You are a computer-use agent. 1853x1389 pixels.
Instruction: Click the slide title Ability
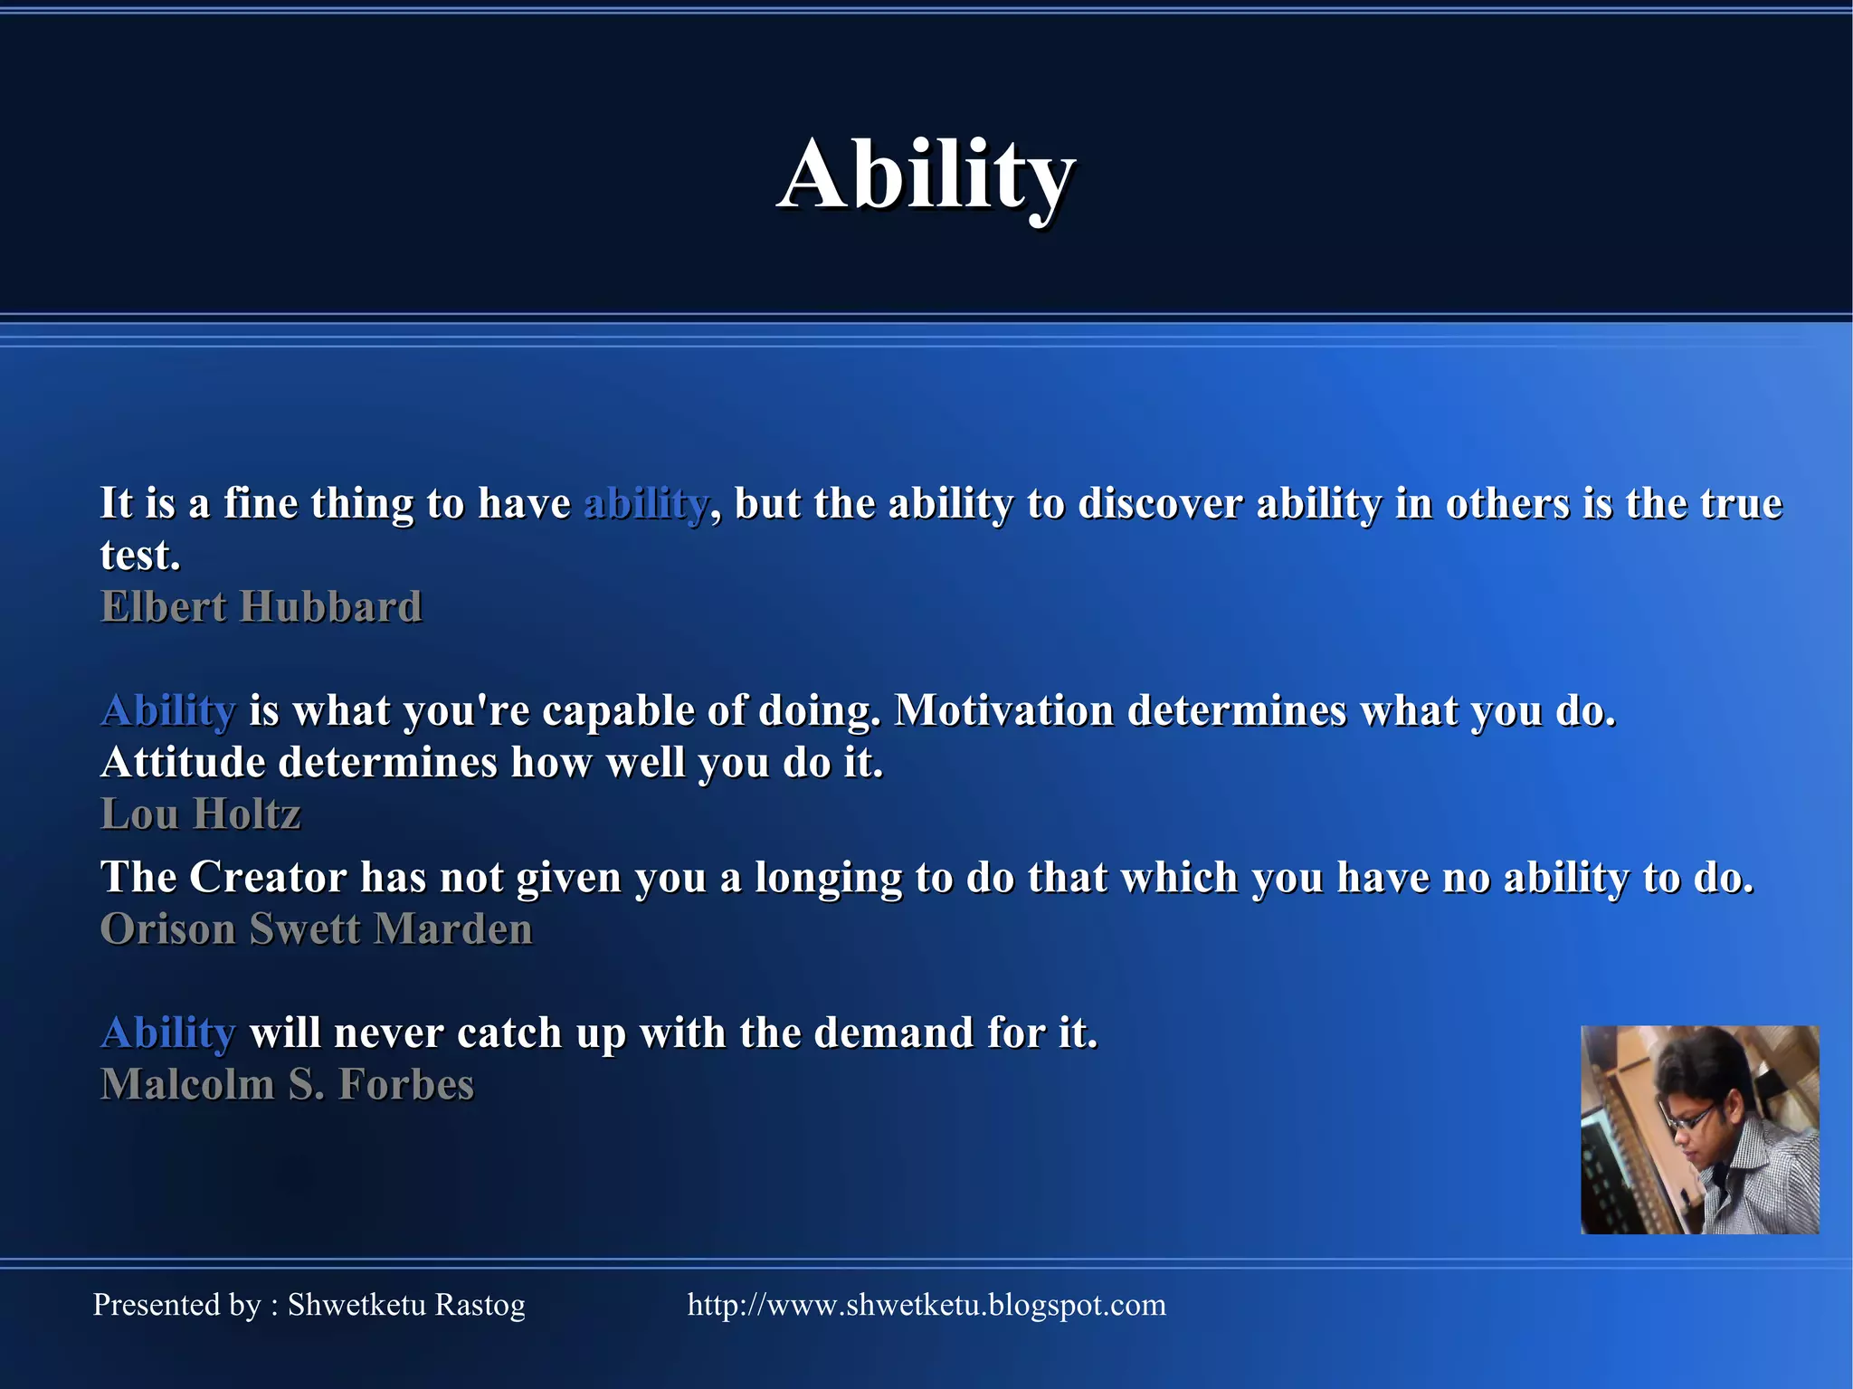[x=926, y=175]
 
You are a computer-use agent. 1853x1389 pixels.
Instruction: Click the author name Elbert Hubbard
[x=261, y=607]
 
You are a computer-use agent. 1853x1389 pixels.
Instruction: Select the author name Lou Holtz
[x=200, y=814]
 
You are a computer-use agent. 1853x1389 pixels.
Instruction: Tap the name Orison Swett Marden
[x=317, y=929]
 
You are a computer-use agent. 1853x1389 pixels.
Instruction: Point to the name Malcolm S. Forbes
[x=287, y=1085]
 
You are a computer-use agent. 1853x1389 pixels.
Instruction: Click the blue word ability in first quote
[x=645, y=504]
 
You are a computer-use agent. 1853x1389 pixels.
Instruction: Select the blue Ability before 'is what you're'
[x=168, y=711]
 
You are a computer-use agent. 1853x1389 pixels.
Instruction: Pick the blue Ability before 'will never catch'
[x=168, y=1033]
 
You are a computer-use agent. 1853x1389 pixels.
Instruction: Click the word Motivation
[x=1004, y=711]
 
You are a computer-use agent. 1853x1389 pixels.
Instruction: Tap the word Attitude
[x=183, y=763]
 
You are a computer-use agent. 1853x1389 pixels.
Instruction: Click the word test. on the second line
[x=140, y=556]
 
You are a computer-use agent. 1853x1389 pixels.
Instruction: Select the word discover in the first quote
[x=1135, y=504]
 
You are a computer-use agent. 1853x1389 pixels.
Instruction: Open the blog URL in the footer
[x=926, y=1305]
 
